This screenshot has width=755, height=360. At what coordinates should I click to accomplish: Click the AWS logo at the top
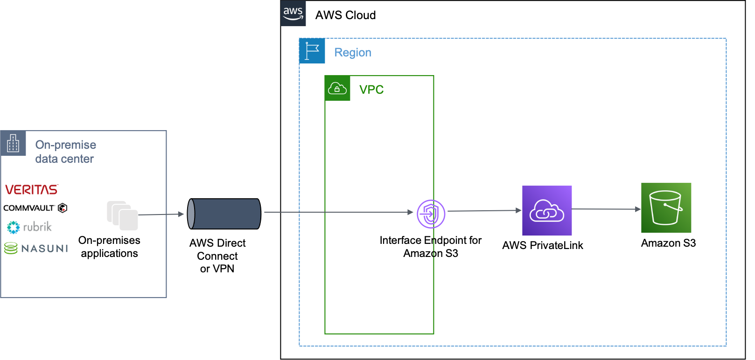(293, 14)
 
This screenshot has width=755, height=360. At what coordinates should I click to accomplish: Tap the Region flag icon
(312, 51)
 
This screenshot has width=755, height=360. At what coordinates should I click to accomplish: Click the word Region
(353, 53)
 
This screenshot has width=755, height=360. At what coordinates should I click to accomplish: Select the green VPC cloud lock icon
(337, 88)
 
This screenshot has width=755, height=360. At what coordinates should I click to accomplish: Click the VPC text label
(371, 90)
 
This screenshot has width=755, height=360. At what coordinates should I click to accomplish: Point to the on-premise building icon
(13, 144)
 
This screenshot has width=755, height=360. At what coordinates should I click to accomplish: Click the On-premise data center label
(65, 152)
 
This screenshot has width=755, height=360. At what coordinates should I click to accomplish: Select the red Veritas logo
(32, 189)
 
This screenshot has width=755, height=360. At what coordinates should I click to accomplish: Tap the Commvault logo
(35, 208)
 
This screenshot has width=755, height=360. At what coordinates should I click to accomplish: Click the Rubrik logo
(30, 228)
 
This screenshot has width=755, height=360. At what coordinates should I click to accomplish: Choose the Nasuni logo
(36, 248)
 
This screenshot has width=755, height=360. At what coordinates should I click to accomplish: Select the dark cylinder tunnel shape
(224, 214)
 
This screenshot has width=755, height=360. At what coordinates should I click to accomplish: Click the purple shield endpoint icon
(431, 214)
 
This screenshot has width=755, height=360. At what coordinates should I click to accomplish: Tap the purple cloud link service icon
(547, 211)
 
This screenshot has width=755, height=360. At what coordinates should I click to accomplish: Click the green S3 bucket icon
(666, 208)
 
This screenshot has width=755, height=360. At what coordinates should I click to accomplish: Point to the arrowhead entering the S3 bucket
(638, 209)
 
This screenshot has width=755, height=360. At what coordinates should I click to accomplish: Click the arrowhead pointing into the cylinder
(181, 214)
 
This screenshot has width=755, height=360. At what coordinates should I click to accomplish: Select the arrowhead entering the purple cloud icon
(518, 210)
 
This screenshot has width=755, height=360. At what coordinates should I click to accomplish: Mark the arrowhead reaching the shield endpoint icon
(410, 212)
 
